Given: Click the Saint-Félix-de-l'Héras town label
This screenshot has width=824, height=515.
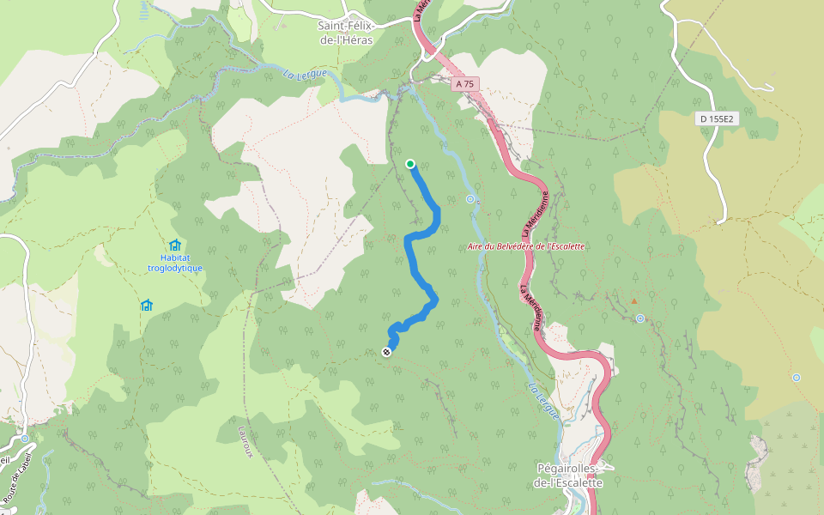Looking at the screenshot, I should (356, 33).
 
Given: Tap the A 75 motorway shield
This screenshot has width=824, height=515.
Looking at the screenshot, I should (464, 83).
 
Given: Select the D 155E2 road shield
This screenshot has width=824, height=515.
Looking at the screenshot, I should (716, 118).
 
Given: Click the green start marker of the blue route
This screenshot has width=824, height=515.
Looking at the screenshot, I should (410, 164).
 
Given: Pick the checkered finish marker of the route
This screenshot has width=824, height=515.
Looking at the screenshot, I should (386, 351).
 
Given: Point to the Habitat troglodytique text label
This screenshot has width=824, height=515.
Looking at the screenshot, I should (175, 262).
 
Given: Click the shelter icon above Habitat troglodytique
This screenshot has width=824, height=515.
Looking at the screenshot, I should (175, 245).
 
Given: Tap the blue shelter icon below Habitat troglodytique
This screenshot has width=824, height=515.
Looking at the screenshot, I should (146, 305).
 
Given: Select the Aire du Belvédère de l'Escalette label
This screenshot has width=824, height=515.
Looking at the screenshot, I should (525, 246).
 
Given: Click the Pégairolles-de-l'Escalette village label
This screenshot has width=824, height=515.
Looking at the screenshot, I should (569, 476).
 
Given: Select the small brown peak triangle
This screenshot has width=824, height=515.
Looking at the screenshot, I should (634, 301).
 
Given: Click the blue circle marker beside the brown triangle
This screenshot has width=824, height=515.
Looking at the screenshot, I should (640, 318).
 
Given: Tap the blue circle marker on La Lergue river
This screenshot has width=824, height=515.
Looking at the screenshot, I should (470, 199).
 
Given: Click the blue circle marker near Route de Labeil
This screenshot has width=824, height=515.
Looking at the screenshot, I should (25, 439).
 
